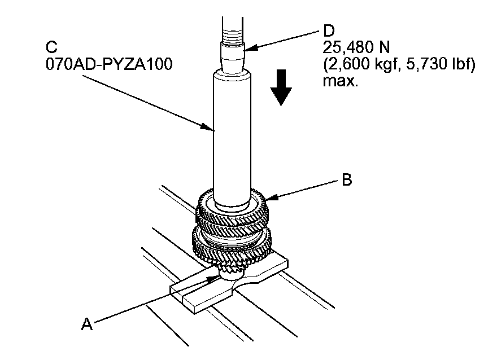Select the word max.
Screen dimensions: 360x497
[340, 82]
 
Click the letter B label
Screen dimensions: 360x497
[348, 181]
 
